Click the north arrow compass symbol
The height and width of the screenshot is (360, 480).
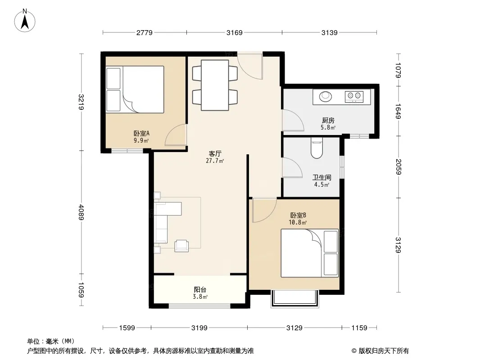25,21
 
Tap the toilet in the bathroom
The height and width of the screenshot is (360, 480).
317,148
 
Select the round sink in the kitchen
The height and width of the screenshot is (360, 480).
326,96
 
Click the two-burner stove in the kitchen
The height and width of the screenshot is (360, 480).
354,97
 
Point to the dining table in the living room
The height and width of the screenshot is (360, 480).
215,85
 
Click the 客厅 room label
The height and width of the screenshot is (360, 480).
215,153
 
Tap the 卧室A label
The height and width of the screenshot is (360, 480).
141,133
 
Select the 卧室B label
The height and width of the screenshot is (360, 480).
298,216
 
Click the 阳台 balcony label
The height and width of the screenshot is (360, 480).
200,289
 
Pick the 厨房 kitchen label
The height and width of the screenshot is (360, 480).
328,120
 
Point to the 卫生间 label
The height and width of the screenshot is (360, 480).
322,177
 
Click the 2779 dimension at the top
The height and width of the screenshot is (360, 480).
145,32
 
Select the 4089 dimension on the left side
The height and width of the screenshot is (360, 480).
81,212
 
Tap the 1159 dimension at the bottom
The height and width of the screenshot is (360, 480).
359,328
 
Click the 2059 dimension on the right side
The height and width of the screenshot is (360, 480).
398,166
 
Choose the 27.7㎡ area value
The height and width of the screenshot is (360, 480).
215,161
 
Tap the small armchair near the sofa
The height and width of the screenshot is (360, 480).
181,246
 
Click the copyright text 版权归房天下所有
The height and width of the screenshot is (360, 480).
383,351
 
